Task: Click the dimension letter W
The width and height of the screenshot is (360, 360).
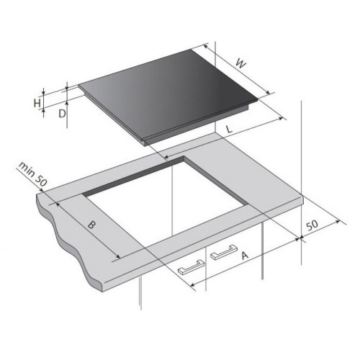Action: click(240, 63)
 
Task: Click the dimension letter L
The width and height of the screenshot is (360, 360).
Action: click(230, 130)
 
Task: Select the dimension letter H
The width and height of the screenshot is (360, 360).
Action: click(37, 103)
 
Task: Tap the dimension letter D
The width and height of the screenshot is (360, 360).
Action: click(62, 114)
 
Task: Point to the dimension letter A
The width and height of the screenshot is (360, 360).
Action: click(245, 256)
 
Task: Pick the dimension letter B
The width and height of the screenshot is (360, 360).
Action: click(91, 225)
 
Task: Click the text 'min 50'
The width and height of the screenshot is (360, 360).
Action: click(32, 174)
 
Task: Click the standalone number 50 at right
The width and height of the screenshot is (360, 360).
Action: click(312, 225)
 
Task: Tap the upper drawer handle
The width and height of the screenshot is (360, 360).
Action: click(224, 252)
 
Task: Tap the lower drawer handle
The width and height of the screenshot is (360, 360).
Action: click(192, 267)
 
